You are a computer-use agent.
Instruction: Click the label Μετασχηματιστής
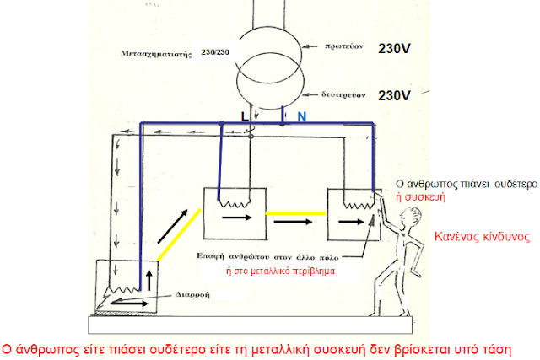(x=155, y=54)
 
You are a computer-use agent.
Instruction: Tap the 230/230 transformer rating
(x=215, y=52)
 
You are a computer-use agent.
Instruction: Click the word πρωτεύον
(x=344, y=46)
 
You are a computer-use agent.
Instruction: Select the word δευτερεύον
(x=343, y=94)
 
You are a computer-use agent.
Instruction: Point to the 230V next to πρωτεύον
(x=394, y=49)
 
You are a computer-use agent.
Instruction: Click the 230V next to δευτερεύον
(x=394, y=95)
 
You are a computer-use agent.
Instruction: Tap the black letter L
(x=245, y=117)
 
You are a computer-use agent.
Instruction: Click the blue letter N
(x=302, y=117)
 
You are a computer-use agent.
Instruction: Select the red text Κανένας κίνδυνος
(x=482, y=237)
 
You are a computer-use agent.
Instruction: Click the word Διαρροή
(x=192, y=295)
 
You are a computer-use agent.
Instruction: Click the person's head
(x=411, y=217)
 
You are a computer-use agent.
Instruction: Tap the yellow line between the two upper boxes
(x=295, y=213)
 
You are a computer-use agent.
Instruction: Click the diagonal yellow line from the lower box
(x=179, y=234)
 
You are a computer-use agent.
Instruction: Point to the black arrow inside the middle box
(x=237, y=218)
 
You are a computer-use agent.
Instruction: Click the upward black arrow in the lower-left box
(x=149, y=280)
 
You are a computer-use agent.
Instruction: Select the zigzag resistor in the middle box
(x=235, y=204)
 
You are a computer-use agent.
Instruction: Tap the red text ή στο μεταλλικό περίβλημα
(x=280, y=271)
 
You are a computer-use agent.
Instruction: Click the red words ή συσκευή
(x=420, y=197)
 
